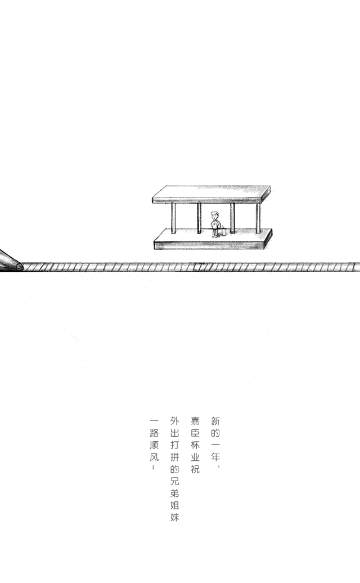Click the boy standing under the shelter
click(215, 224)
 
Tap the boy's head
click(215, 215)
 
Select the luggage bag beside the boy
click(222, 230)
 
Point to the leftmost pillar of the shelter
click(174, 218)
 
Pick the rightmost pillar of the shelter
click(258, 218)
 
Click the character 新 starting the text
click(215, 421)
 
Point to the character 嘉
click(195, 421)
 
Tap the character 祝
click(195, 469)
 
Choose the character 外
click(175, 421)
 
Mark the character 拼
click(175, 456)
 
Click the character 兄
click(175, 481)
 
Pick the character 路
click(154, 433)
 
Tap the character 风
click(154, 457)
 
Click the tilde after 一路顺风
click(153, 468)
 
